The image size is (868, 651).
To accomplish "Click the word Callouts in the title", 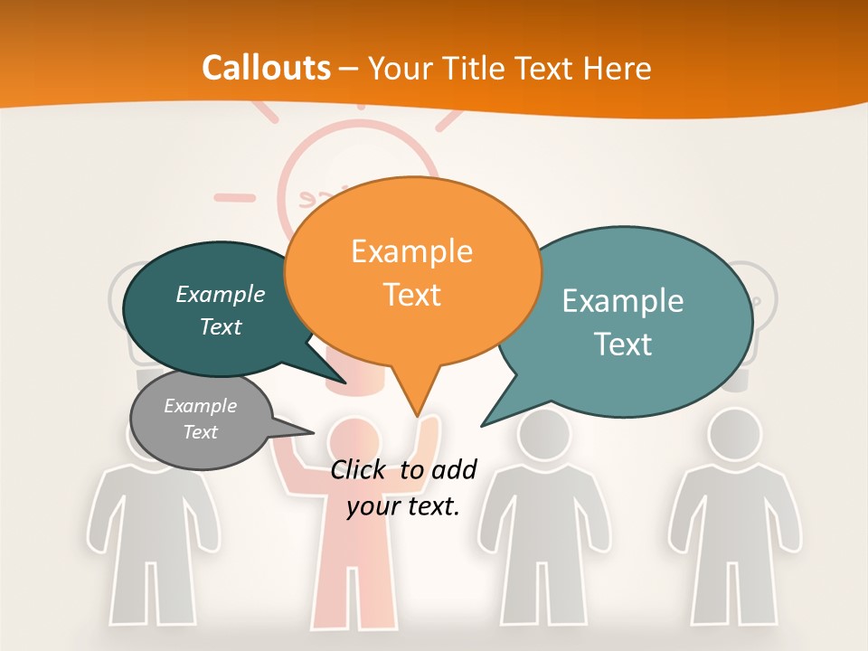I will [266, 68].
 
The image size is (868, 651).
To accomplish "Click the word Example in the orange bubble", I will [411, 251].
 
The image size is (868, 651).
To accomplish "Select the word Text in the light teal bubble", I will [623, 344].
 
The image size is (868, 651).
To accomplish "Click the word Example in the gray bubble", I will [201, 406].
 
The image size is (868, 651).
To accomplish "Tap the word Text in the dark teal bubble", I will [221, 327].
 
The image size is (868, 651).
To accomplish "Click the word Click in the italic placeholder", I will [360, 469].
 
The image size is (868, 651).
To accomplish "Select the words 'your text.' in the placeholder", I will [403, 506].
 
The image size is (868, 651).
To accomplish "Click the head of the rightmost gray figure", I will [734, 435].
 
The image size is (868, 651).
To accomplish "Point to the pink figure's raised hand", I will [430, 427].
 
